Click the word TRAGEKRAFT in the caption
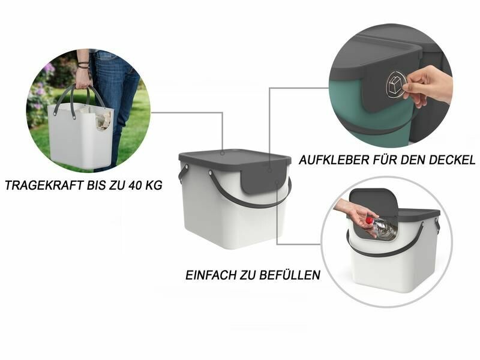pos(44,185)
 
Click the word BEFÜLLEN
pos(290,274)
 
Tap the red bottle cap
pos(370,220)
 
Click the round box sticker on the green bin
pos(396,85)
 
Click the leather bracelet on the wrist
pos(83,65)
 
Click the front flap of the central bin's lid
pos(264,179)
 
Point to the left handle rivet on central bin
pos(187,167)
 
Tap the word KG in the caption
pos(154,185)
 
